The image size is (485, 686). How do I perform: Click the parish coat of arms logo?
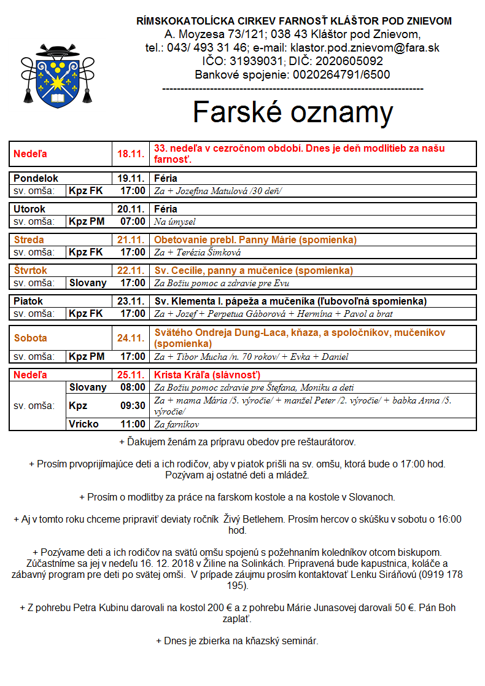[58, 75]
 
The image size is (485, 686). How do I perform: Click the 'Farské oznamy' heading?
[293, 113]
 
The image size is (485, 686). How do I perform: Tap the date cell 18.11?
[130, 154]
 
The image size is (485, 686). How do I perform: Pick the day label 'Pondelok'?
[36, 179]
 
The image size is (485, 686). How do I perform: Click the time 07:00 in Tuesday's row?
[133, 222]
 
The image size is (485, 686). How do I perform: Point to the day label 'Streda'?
[29, 240]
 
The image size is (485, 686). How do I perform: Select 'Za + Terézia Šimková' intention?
[197, 252]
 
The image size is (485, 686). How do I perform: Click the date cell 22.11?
[130, 271]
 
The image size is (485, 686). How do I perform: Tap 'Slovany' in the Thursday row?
[87, 283]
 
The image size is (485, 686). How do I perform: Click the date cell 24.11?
[130, 338]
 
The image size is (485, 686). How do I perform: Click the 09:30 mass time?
[133, 406]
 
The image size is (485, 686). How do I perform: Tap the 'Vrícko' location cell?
[83, 424]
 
